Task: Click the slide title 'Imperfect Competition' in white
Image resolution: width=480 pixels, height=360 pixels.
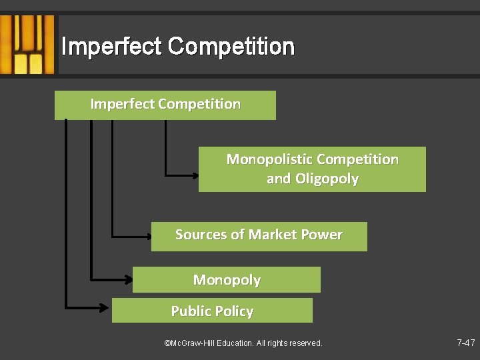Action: [177, 47]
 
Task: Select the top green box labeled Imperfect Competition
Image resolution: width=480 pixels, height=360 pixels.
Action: [165, 105]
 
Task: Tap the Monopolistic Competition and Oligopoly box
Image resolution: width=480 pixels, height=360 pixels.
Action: [312, 169]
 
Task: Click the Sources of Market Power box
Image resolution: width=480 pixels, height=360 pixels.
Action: [259, 236]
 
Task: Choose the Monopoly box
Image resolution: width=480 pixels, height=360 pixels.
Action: [226, 280]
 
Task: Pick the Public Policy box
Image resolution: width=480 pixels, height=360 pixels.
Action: [212, 311]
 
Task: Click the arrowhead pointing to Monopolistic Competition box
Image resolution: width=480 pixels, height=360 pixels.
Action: [194, 175]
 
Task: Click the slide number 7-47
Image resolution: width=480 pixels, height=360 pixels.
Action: [465, 343]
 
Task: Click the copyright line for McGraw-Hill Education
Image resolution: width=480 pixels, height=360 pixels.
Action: [243, 343]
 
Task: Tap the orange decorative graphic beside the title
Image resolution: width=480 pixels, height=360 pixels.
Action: [28, 45]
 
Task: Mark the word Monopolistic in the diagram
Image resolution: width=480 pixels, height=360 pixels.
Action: [269, 159]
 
